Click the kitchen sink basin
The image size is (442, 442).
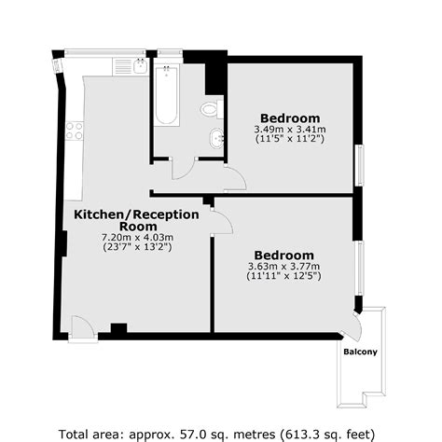tap(138, 66)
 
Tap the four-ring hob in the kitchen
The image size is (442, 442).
tap(73, 131)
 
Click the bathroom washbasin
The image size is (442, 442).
tap(216, 139)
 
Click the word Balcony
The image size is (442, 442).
tap(359, 352)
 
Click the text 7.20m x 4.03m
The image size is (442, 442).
tap(137, 237)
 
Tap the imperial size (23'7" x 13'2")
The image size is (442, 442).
tap(137, 248)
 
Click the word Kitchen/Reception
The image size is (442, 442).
tap(137, 214)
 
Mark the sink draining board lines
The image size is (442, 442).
tap(120, 66)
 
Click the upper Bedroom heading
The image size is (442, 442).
tap(290, 117)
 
